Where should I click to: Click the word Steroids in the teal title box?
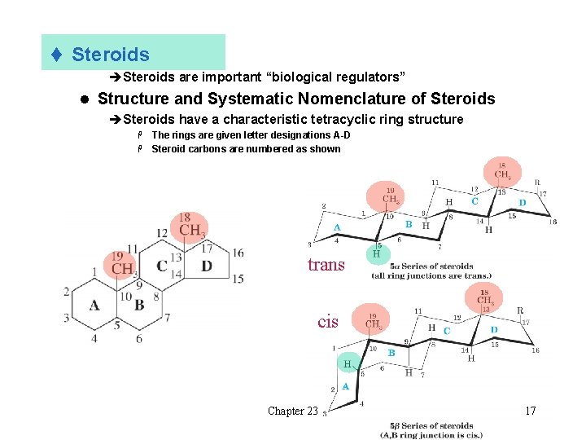click(111, 55)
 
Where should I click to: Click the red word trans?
click(326, 265)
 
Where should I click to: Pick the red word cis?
click(328, 322)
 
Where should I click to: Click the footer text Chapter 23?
click(293, 411)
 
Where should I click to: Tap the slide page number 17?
click(530, 411)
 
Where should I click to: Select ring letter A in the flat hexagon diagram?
click(94, 305)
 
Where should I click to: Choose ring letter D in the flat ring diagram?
click(207, 266)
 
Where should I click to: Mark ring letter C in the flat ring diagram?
click(162, 266)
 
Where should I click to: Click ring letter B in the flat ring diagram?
click(140, 305)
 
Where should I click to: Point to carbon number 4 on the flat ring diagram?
click(94, 337)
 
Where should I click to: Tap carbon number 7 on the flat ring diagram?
click(168, 317)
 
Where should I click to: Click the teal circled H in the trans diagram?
click(376, 253)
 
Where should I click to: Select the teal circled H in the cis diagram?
click(347, 364)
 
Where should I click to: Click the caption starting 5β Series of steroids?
click(431, 430)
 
